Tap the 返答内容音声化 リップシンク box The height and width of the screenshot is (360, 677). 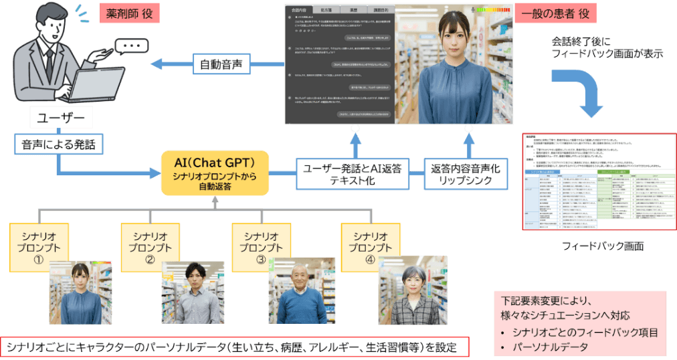point(466,175)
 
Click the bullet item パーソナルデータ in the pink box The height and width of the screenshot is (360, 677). point(547,347)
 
